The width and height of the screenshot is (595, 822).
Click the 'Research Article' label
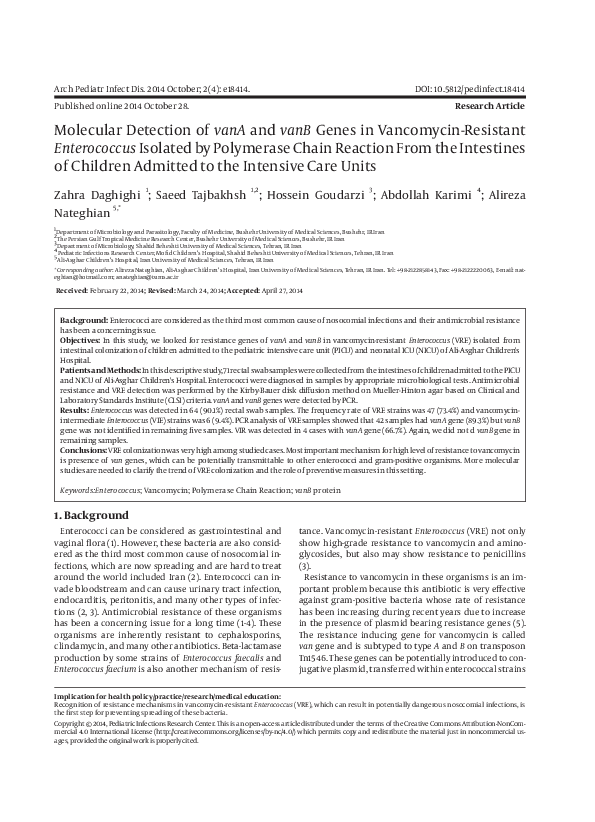click(517, 104)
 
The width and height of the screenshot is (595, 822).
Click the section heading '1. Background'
click(90, 513)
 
